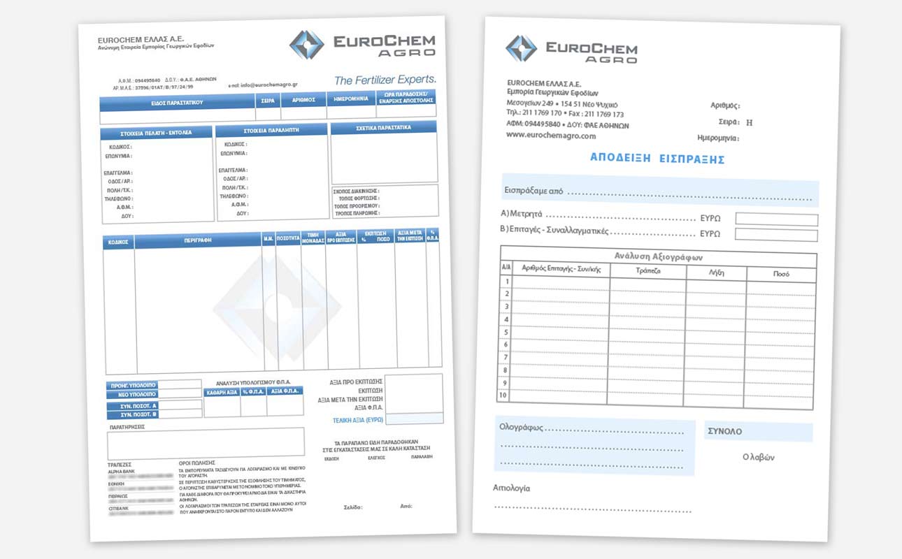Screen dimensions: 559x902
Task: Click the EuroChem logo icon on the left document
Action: (306, 44)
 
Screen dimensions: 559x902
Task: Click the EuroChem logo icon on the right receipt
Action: (521, 49)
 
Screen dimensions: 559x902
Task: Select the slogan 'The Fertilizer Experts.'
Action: (385, 80)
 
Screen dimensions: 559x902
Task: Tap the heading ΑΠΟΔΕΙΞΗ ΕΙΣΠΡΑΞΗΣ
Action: (657, 159)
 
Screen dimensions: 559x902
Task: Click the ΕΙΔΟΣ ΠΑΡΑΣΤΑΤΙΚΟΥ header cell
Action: (177, 102)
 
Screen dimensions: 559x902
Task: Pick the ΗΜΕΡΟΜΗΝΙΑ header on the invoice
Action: (351, 99)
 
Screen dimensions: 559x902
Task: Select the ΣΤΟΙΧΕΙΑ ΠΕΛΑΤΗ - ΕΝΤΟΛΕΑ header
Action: (157, 132)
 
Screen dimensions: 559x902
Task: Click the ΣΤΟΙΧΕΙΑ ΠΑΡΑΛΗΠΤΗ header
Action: (271, 131)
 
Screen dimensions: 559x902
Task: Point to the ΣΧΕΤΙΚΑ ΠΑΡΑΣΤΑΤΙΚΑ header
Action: (383, 128)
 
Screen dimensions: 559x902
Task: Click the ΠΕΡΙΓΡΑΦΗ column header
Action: (198, 241)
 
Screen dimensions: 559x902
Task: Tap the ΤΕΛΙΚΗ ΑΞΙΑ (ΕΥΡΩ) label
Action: (357, 420)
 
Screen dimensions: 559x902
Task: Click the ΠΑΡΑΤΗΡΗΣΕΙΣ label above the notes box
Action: (126, 425)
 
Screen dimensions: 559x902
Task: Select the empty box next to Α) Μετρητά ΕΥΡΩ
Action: (776, 219)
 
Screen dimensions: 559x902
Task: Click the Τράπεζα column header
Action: (648, 270)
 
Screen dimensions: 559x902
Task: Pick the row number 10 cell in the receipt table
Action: (503, 395)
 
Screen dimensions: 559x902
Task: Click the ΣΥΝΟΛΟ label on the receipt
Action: (725, 431)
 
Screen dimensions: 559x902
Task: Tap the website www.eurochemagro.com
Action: (551, 136)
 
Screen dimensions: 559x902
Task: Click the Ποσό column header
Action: (781, 273)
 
